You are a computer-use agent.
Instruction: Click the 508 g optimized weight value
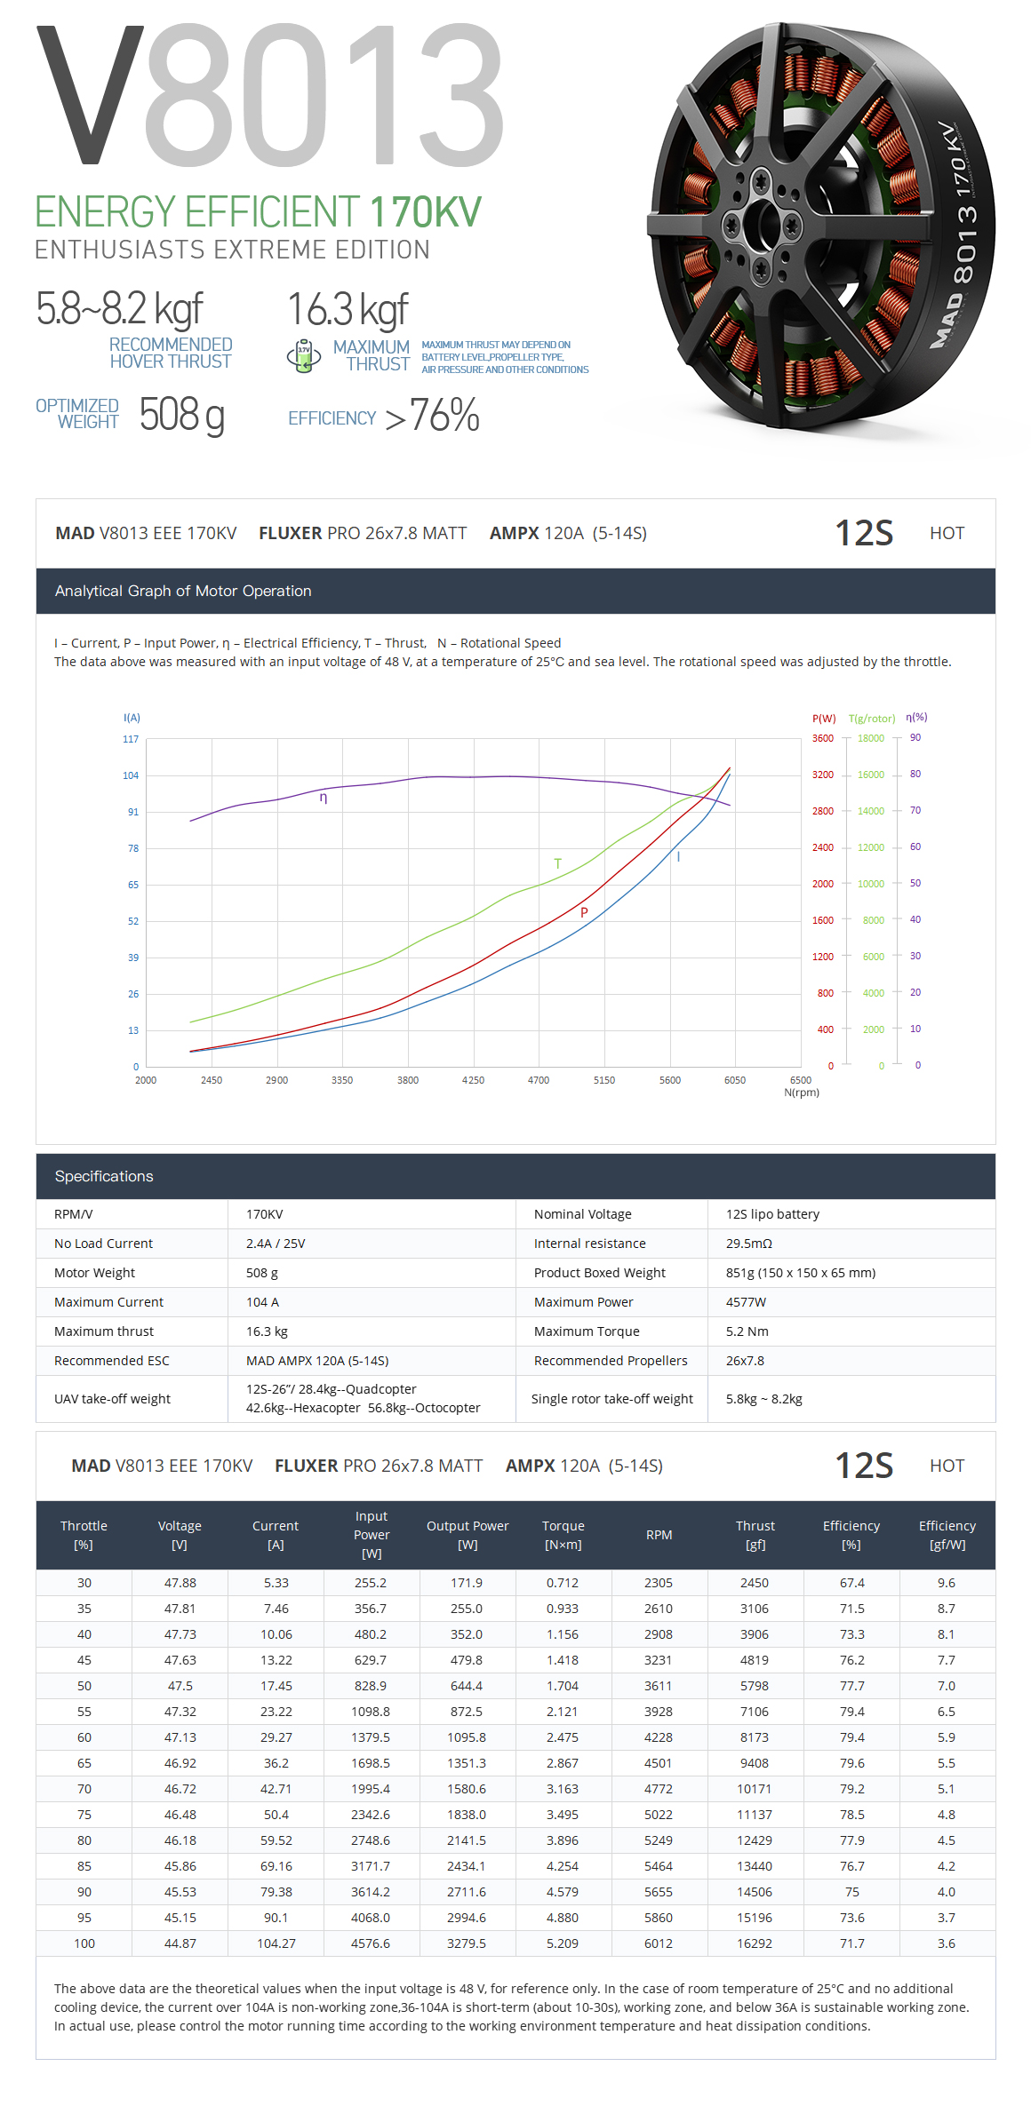tap(181, 415)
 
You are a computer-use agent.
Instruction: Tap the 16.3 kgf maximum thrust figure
tap(348, 310)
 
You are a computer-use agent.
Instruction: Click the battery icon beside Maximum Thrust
tap(304, 355)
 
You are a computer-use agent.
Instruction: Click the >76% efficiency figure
tap(433, 416)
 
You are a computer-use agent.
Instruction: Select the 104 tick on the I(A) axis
tap(131, 775)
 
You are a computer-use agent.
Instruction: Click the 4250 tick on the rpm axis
tap(473, 1080)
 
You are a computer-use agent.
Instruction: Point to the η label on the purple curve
tap(324, 798)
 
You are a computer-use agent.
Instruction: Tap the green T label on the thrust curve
tap(557, 863)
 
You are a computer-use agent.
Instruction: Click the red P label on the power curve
tap(584, 912)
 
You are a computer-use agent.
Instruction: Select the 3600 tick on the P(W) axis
tap(823, 738)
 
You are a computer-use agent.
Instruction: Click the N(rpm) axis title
tap(802, 1093)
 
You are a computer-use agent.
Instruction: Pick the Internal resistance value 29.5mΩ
tap(749, 1244)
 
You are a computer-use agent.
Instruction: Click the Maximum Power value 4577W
tap(746, 1302)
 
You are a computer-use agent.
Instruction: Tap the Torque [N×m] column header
tap(563, 1535)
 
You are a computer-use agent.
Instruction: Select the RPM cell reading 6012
tap(659, 1943)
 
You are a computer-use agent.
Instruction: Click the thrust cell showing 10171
tap(755, 1789)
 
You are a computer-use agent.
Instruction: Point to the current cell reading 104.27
tap(276, 1943)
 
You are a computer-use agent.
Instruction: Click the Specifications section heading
tap(104, 1176)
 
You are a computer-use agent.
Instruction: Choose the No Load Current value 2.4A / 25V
tap(276, 1244)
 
